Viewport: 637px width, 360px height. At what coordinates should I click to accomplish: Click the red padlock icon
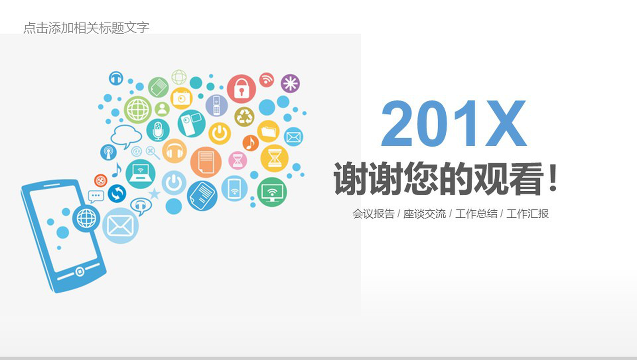click(x=241, y=89)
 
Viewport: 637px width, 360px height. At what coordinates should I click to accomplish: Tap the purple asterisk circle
click(x=290, y=83)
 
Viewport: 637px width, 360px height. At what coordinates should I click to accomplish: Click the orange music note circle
click(x=251, y=143)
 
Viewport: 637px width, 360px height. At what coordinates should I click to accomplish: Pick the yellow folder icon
click(x=269, y=131)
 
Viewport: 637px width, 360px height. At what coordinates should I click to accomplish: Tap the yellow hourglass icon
click(x=274, y=159)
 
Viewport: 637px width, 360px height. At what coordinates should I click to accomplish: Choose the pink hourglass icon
click(x=238, y=160)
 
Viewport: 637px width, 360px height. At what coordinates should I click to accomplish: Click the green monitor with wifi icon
click(x=272, y=192)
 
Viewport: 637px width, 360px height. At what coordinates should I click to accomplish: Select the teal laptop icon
click(x=140, y=174)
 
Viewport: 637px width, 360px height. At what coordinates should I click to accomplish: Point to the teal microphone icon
click(x=158, y=130)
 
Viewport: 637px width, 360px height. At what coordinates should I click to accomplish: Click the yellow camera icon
click(x=181, y=98)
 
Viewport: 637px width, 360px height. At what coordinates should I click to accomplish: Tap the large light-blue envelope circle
click(x=120, y=226)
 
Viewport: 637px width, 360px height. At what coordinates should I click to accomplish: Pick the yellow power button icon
click(x=220, y=133)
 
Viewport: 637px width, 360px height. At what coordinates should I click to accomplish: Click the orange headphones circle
click(x=174, y=151)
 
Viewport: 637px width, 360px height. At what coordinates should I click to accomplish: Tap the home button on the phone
click(x=80, y=271)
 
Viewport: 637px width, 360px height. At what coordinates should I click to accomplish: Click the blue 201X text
click(x=454, y=123)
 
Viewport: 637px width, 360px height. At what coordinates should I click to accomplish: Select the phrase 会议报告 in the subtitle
click(x=373, y=214)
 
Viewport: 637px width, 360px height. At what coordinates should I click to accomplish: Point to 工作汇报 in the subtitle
click(x=527, y=214)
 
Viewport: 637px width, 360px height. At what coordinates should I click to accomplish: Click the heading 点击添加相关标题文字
click(x=86, y=28)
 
